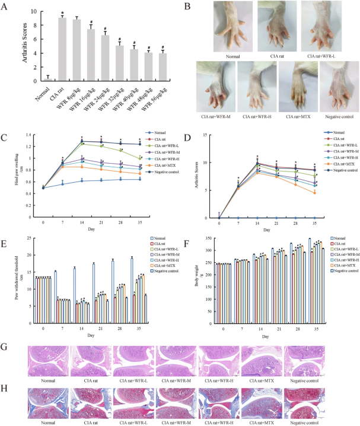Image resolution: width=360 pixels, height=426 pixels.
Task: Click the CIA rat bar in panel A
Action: (61, 48)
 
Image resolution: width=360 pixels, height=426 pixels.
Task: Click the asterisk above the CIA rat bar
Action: (62, 12)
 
